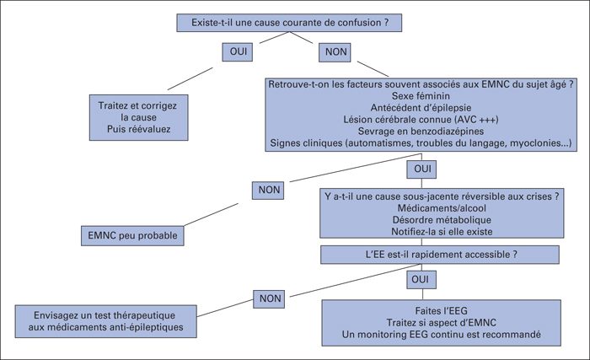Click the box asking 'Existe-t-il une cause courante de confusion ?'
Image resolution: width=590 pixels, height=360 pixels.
(289, 23)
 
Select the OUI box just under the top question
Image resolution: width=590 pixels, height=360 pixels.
(238, 51)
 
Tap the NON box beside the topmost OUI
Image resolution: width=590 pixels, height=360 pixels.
(335, 52)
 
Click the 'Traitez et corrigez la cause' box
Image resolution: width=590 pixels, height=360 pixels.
(138, 117)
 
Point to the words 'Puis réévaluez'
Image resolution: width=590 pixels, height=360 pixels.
(139, 129)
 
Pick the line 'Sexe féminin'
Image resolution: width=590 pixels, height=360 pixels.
(421, 96)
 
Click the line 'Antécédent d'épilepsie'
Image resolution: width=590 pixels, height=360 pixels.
(421, 108)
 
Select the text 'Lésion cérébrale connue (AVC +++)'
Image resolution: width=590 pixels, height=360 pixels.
(421, 120)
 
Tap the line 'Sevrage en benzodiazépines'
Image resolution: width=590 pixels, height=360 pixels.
(421, 131)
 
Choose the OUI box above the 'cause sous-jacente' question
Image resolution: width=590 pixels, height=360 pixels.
(421, 169)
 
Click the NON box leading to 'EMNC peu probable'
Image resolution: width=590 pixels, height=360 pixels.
(268, 191)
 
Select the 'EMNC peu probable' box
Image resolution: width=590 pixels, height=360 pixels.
(132, 236)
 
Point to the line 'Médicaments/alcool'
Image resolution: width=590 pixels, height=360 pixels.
(442, 208)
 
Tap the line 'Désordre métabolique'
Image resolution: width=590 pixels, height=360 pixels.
(442, 220)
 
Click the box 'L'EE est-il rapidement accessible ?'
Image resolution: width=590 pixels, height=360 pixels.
(440, 255)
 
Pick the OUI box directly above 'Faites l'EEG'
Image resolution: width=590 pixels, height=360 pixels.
(421, 280)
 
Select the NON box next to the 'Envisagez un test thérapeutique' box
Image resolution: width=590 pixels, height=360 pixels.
(269, 299)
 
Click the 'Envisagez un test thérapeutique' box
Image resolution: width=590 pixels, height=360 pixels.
(105, 321)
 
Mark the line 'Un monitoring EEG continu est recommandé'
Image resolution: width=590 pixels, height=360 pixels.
(442, 335)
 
